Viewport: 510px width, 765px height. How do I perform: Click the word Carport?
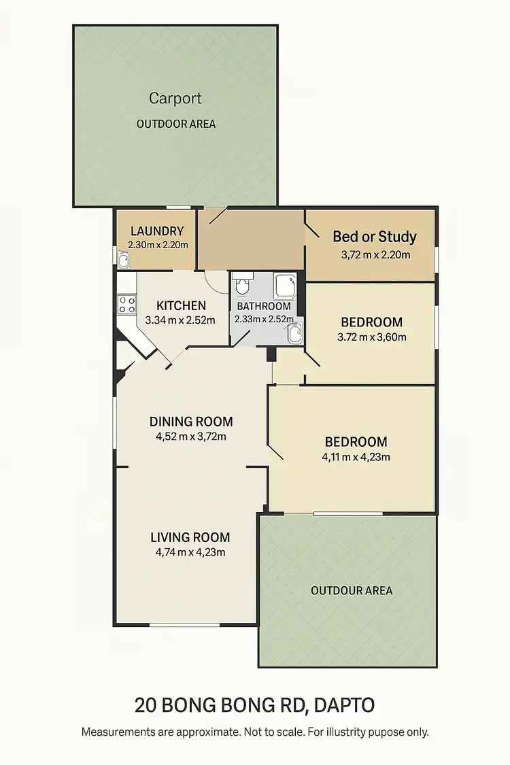(x=175, y=98)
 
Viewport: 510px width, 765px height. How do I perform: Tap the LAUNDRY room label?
(x=157, y=231)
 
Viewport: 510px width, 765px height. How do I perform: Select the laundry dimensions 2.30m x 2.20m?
(x=158, y=245)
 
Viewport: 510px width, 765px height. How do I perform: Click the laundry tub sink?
(x=124, y=259)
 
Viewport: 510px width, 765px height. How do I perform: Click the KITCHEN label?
(x=181, y=305)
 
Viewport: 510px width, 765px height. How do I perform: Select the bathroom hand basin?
(x=294, y=333)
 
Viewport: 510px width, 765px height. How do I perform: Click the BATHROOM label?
(x=264, y=306)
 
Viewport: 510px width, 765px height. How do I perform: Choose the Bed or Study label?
(x=375, y=237)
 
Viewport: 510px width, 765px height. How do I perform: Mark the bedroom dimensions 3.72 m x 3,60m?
(x=371, y=337)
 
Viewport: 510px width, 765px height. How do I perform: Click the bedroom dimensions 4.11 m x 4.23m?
(x=356, y=457)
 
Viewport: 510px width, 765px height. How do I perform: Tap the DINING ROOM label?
(x=191, y=422)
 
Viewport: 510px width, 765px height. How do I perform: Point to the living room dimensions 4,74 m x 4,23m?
(x=190, y=552)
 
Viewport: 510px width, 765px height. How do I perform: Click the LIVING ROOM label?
(x=190, y=537)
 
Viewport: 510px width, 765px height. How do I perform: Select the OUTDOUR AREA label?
(x=352, y=590)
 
